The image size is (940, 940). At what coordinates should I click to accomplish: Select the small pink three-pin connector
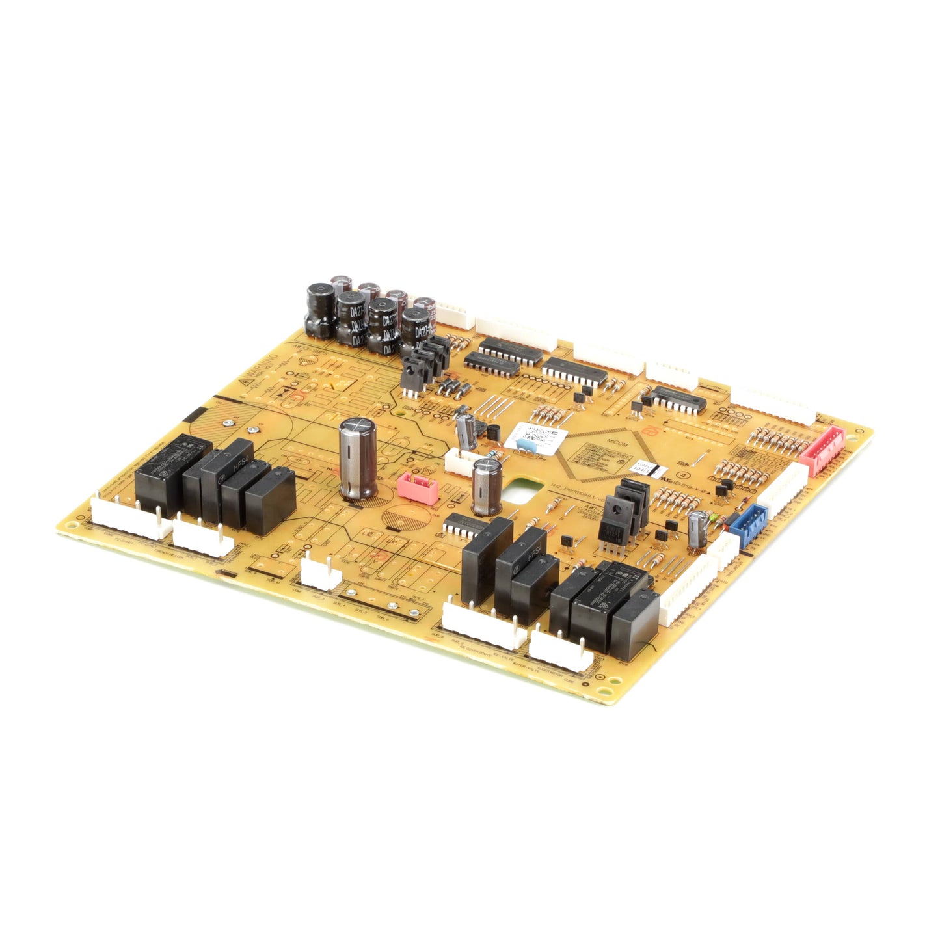click(x=417, y=487)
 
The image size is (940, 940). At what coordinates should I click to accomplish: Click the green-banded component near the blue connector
click(x=716, y=518)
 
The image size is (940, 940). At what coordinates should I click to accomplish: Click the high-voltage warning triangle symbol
click(x=247, y=383)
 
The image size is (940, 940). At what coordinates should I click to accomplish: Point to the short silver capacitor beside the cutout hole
click(x=487, y=487)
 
